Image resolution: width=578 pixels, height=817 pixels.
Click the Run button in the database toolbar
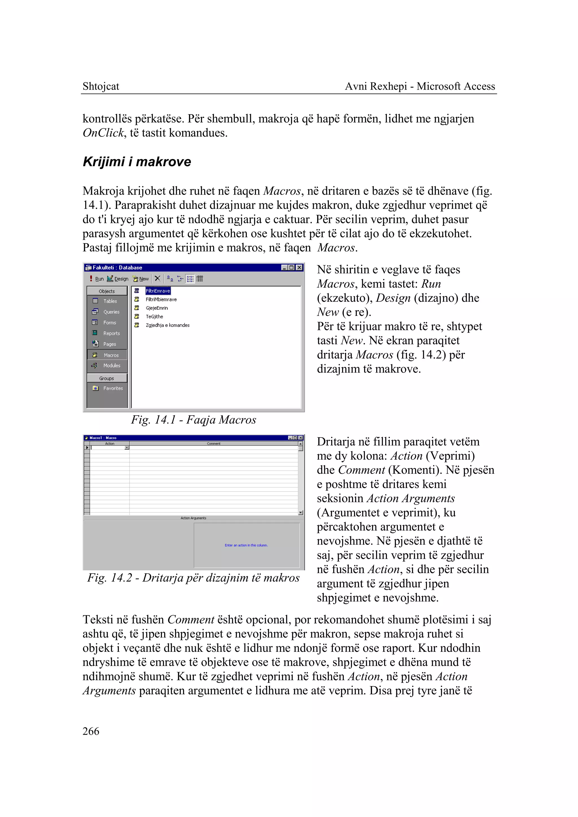tap(97, 279)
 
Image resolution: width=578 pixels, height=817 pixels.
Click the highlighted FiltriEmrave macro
tap(158, 291)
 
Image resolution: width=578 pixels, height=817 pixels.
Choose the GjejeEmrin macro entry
tap(157, 308)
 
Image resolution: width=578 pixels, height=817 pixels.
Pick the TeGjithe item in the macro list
tap(154, 316)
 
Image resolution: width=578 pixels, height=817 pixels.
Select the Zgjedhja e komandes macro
tap(167, 325)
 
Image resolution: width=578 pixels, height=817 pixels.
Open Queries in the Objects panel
tap(111, 312)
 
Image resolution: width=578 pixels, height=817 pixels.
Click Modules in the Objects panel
tap(111, 365)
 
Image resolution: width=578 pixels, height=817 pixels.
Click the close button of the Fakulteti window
tap(299, 267)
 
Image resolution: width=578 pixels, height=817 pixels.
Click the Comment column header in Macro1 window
tap(214, 444)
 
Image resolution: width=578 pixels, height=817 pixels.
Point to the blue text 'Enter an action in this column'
tap(246, 545)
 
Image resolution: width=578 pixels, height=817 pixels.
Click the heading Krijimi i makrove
tap(137, 162)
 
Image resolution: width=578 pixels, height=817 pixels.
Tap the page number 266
tap(91, 731)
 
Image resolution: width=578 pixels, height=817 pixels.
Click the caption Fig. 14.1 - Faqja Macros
tap(193, 420)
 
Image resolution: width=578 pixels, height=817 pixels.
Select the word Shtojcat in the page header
tap(101, 86)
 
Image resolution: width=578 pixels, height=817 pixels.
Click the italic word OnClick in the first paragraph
tap(103, 133)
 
